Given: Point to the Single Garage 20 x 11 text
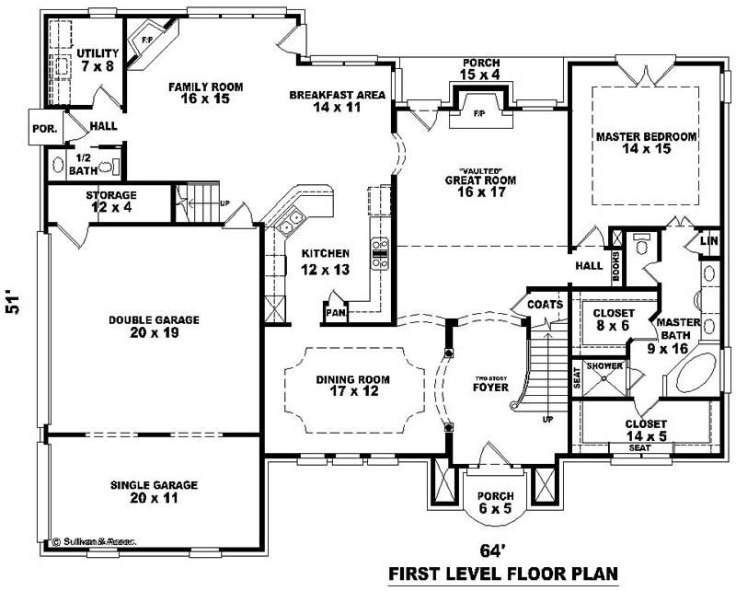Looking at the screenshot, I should (154, 498).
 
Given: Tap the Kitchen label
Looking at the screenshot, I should (326, 253).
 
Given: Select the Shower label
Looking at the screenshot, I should (605, 366).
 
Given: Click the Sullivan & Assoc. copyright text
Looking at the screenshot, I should (94, 542).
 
